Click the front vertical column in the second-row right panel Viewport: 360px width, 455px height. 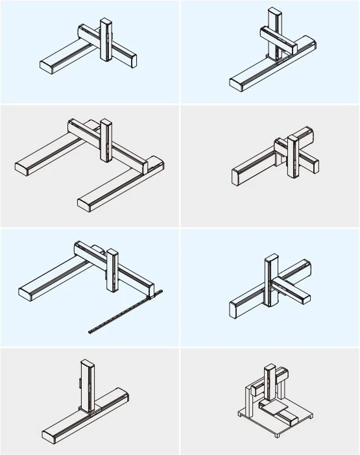click(294, 159)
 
